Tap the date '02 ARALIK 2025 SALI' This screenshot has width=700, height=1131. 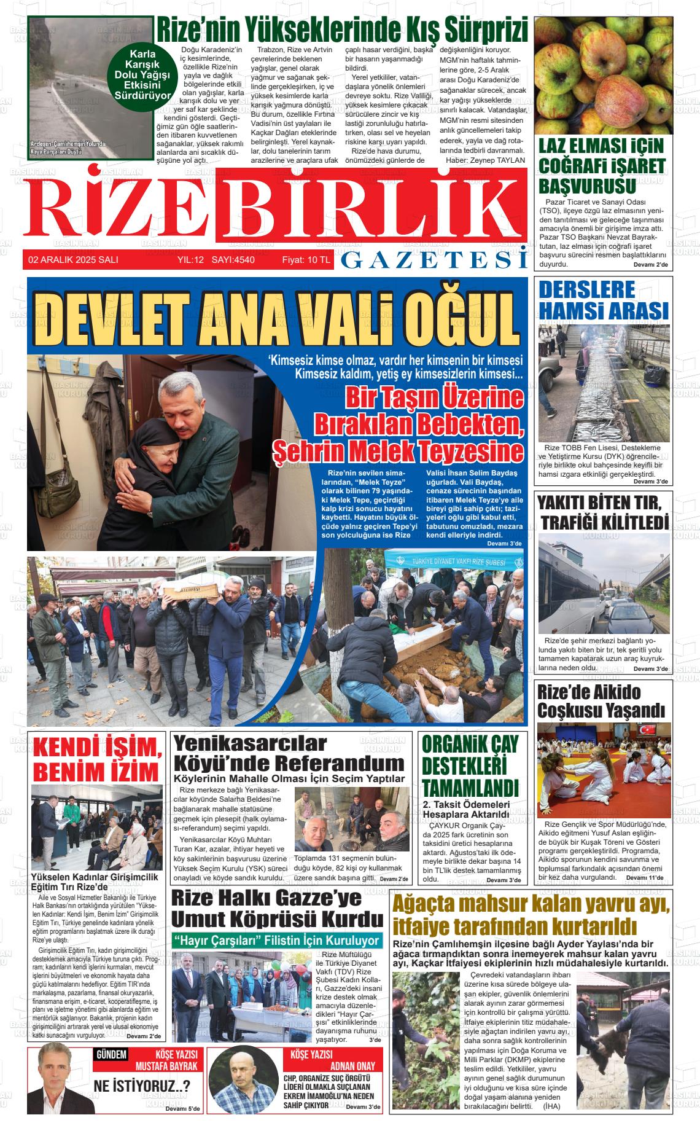pos(73,260)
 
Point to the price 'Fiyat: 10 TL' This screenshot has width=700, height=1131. pos(306,260)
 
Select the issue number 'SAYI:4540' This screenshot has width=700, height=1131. pos(233,260)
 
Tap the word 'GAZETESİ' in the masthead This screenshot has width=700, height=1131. pos(434,260)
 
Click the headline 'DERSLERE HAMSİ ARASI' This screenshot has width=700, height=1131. pos(603,300)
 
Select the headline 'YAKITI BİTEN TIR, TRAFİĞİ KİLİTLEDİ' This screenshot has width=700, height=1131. pos(604,512)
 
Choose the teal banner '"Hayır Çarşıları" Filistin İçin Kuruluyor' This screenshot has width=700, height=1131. pos(276,941)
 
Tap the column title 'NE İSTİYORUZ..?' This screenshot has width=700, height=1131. pos(142,1086)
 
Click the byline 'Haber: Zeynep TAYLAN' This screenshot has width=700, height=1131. pos(485,160)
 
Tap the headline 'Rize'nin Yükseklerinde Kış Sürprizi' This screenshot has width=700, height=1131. pos(342,29)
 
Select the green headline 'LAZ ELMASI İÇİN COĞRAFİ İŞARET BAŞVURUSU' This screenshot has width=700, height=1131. pos(602,166)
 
